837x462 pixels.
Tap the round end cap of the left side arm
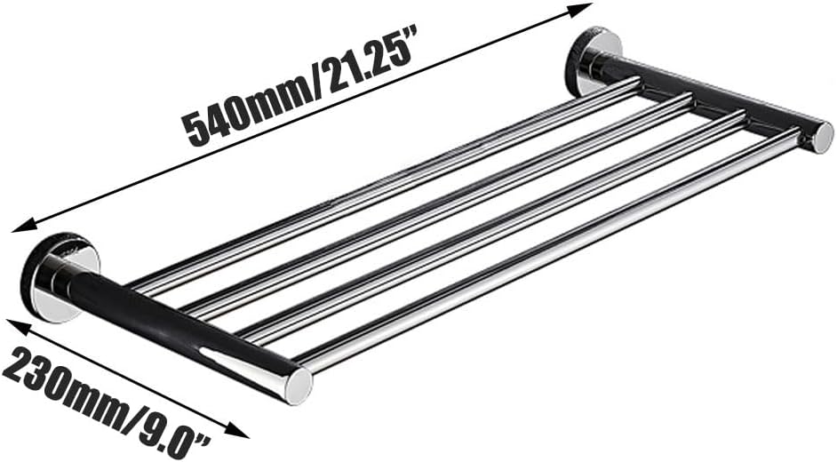299,386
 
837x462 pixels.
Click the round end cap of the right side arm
820,137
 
